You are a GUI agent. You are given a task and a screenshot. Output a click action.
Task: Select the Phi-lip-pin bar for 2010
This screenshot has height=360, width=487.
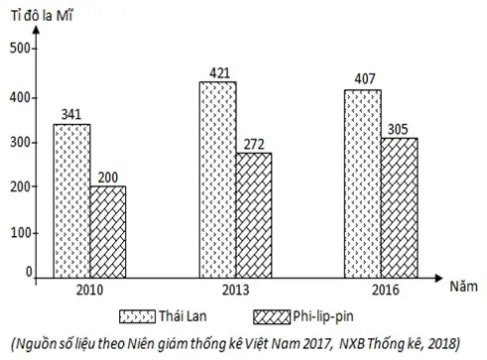(108, 232)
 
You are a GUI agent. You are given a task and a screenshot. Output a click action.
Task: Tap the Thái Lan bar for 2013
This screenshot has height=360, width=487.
(216, 180)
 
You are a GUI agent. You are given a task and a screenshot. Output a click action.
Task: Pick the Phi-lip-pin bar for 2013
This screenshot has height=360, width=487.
(254, 215)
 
